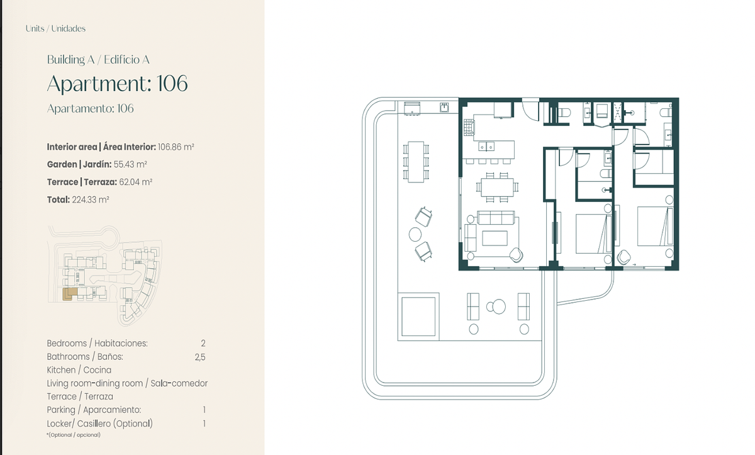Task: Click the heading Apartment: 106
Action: pyautogui.click(x=117, y=84)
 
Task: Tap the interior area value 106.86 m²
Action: pyautogui.click(x=176, y=147)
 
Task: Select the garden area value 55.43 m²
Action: pyautogui.click(x=130, y=164)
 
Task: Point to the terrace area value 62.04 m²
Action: pyautogui.click(x=135, y=182)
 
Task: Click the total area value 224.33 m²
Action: pyautogui.click(x=91, y=199)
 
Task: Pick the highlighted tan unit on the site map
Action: pyautogui.click(x=69, y=294)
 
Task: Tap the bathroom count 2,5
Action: pyautogui.click(x=200, y=357)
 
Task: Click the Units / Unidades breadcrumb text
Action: pyautogui.click(x=55, y=29)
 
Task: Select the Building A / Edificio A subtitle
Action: pyautogui.click(x=98, y=60)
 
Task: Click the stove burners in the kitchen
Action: pyautogui.click(x=468, y=127)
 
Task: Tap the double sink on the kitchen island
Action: pyautogui.click(x=486, y=146)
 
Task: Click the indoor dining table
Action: pyautogui.click(x=497, y=187)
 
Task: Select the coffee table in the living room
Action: pyautogui.click(x=495, y=239)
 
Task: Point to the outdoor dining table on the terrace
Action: pyautogui.click(x=416, y=162)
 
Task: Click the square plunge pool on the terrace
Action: pyautogui.click(x=418, y=317)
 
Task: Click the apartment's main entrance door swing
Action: pyautogui.click(x=530, y=110)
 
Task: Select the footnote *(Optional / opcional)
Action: pyautogui.click(x=74, y=435)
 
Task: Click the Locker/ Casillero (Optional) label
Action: pyautogui.click(x=100, y=424)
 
